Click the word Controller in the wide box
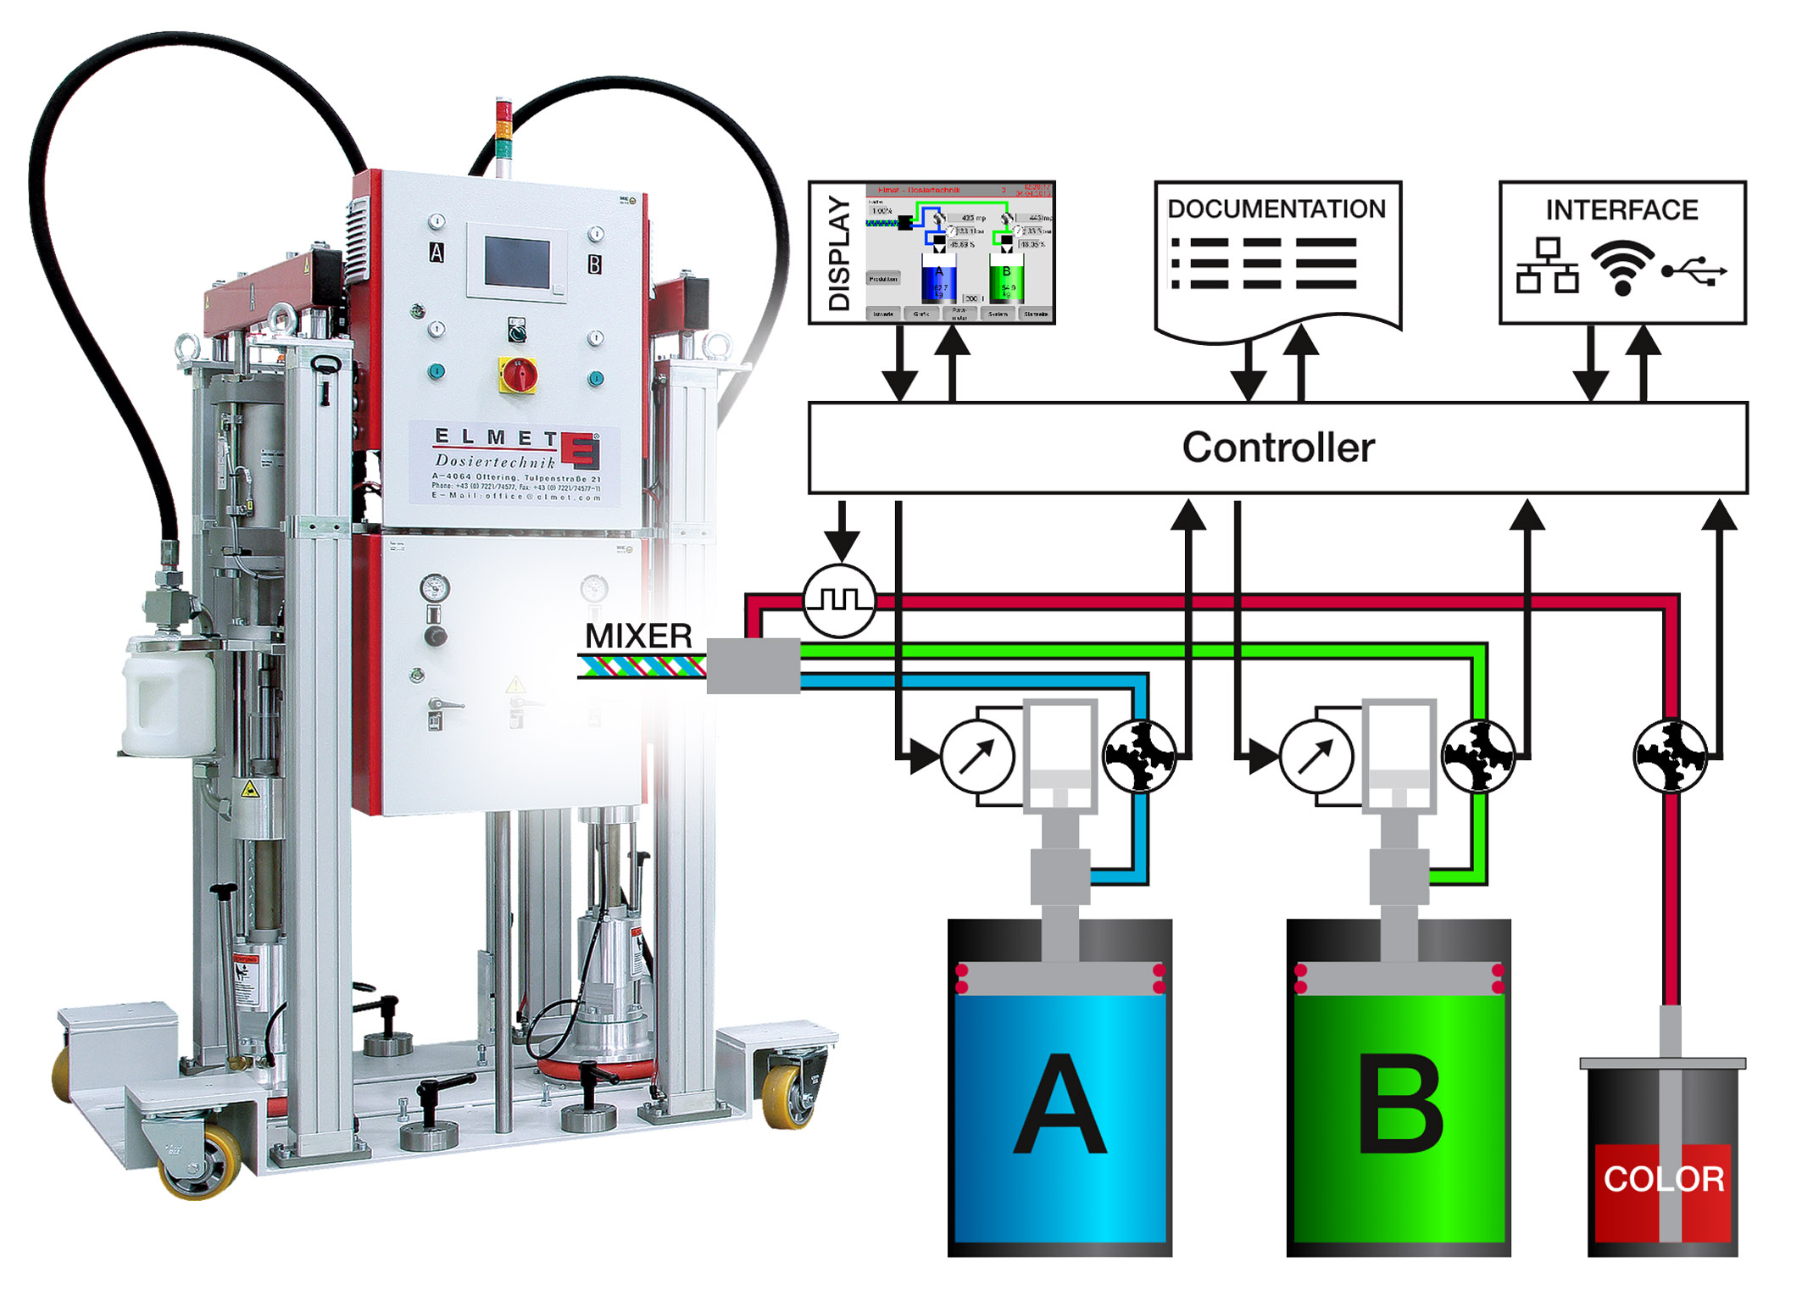tap(1277, 448)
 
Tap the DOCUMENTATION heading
tap(1276, 209)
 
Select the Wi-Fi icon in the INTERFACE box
tap(1621, 268)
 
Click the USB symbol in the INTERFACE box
tap(1694, 271)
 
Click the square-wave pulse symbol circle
tap(838, 600)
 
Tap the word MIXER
tap(638, 636)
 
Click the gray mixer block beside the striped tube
tap(753, 665)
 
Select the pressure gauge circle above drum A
tap(977, 756)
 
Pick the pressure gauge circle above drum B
tap(1315, 756)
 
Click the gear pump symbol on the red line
tap(1670, 756)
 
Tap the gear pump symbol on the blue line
tap(1139, 756)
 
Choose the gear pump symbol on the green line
tap(1478, 756)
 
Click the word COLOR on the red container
tap(1663, 1179)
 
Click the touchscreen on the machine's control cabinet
tap(517, 263)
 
